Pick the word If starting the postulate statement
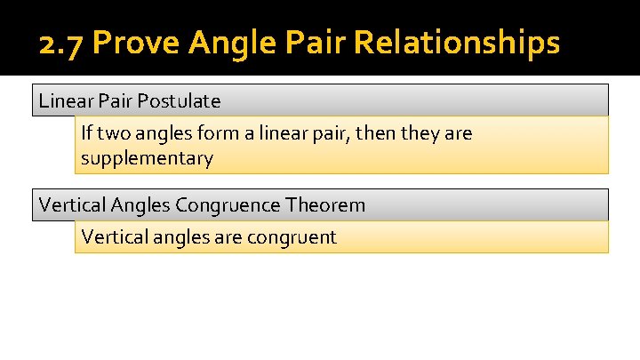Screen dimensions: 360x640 pos(86,133)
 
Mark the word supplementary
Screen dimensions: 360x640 pos(147,159)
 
